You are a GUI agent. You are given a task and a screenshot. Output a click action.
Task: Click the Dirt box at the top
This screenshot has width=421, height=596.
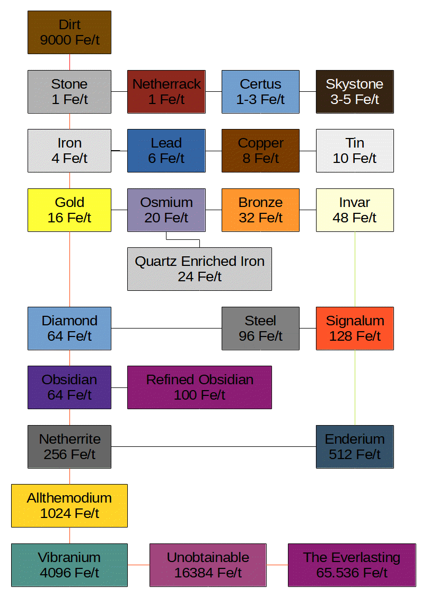(69, 32)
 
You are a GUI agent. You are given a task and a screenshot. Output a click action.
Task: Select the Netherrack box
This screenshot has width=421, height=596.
(166, 91)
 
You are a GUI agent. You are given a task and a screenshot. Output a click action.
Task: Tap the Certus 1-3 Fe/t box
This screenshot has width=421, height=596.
(260, 91)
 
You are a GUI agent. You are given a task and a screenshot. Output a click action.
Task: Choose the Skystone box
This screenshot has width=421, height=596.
(355, 91)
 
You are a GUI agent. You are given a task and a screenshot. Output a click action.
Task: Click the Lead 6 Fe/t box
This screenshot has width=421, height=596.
(166, 151)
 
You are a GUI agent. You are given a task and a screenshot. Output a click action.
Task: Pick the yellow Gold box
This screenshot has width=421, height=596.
(69, 210)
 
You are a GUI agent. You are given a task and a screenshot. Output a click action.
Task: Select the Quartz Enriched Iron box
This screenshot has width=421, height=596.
(199, 269)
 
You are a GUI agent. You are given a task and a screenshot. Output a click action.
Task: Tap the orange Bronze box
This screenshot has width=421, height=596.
(260, 210)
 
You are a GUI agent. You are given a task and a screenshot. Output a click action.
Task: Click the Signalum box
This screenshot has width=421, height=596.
(355, 328)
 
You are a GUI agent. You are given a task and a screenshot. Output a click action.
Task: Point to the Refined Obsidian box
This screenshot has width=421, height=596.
(199, 387)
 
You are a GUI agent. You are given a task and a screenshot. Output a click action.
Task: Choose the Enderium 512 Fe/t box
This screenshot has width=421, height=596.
(355, 446)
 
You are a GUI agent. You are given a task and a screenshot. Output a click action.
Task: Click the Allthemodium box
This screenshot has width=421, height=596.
(69, 506)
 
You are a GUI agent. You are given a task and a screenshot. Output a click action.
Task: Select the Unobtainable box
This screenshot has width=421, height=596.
(208, 565)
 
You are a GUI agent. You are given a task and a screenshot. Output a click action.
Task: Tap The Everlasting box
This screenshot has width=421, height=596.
(352, 565)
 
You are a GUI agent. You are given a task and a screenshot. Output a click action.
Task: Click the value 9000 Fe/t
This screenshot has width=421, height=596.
(69, 40)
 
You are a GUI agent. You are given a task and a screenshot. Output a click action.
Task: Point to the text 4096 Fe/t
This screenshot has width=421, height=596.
(69, 573)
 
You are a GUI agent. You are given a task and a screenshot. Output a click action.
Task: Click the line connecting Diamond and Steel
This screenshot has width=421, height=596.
(166, 329)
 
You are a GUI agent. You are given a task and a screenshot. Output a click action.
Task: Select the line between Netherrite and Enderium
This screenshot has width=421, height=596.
(213, 447)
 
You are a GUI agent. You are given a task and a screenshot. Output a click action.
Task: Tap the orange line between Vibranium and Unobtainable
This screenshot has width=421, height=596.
(138, 565)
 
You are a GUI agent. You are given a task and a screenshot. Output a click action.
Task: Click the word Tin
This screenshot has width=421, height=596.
(355, 143)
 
